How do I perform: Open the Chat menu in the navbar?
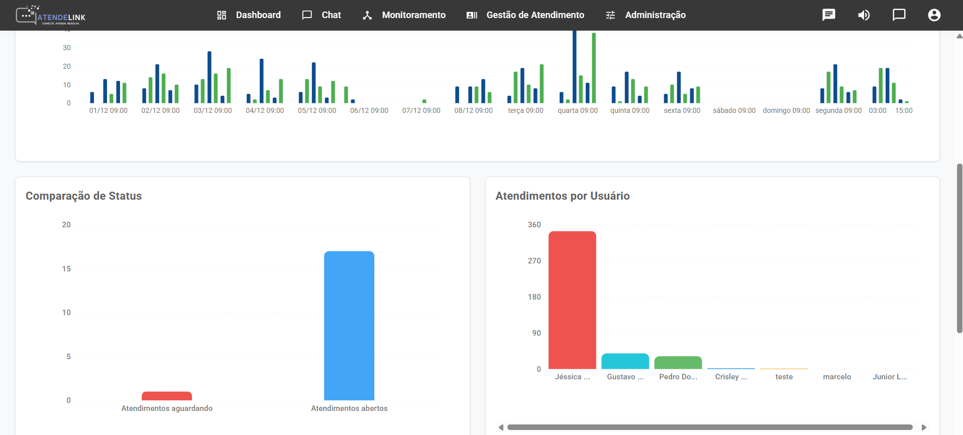(322, 15)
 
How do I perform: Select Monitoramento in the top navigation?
(404, 15)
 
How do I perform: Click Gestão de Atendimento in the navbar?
(525, 15)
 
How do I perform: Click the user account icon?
(934, 15)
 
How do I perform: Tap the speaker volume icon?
(864, 15)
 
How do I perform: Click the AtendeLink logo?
(50, 15)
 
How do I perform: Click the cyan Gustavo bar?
(625, 361)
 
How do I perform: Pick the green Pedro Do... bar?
(678, 363)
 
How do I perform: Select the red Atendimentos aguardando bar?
(167, 396)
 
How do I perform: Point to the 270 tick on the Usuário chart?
(534, 261)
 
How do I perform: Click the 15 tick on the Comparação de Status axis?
(66, 269)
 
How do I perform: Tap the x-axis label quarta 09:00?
(578, 110)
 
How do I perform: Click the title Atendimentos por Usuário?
(562, 196)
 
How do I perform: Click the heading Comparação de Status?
(83, 196)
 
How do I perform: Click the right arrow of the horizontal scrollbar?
(924, 427)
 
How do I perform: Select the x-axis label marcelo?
(837, 377)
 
